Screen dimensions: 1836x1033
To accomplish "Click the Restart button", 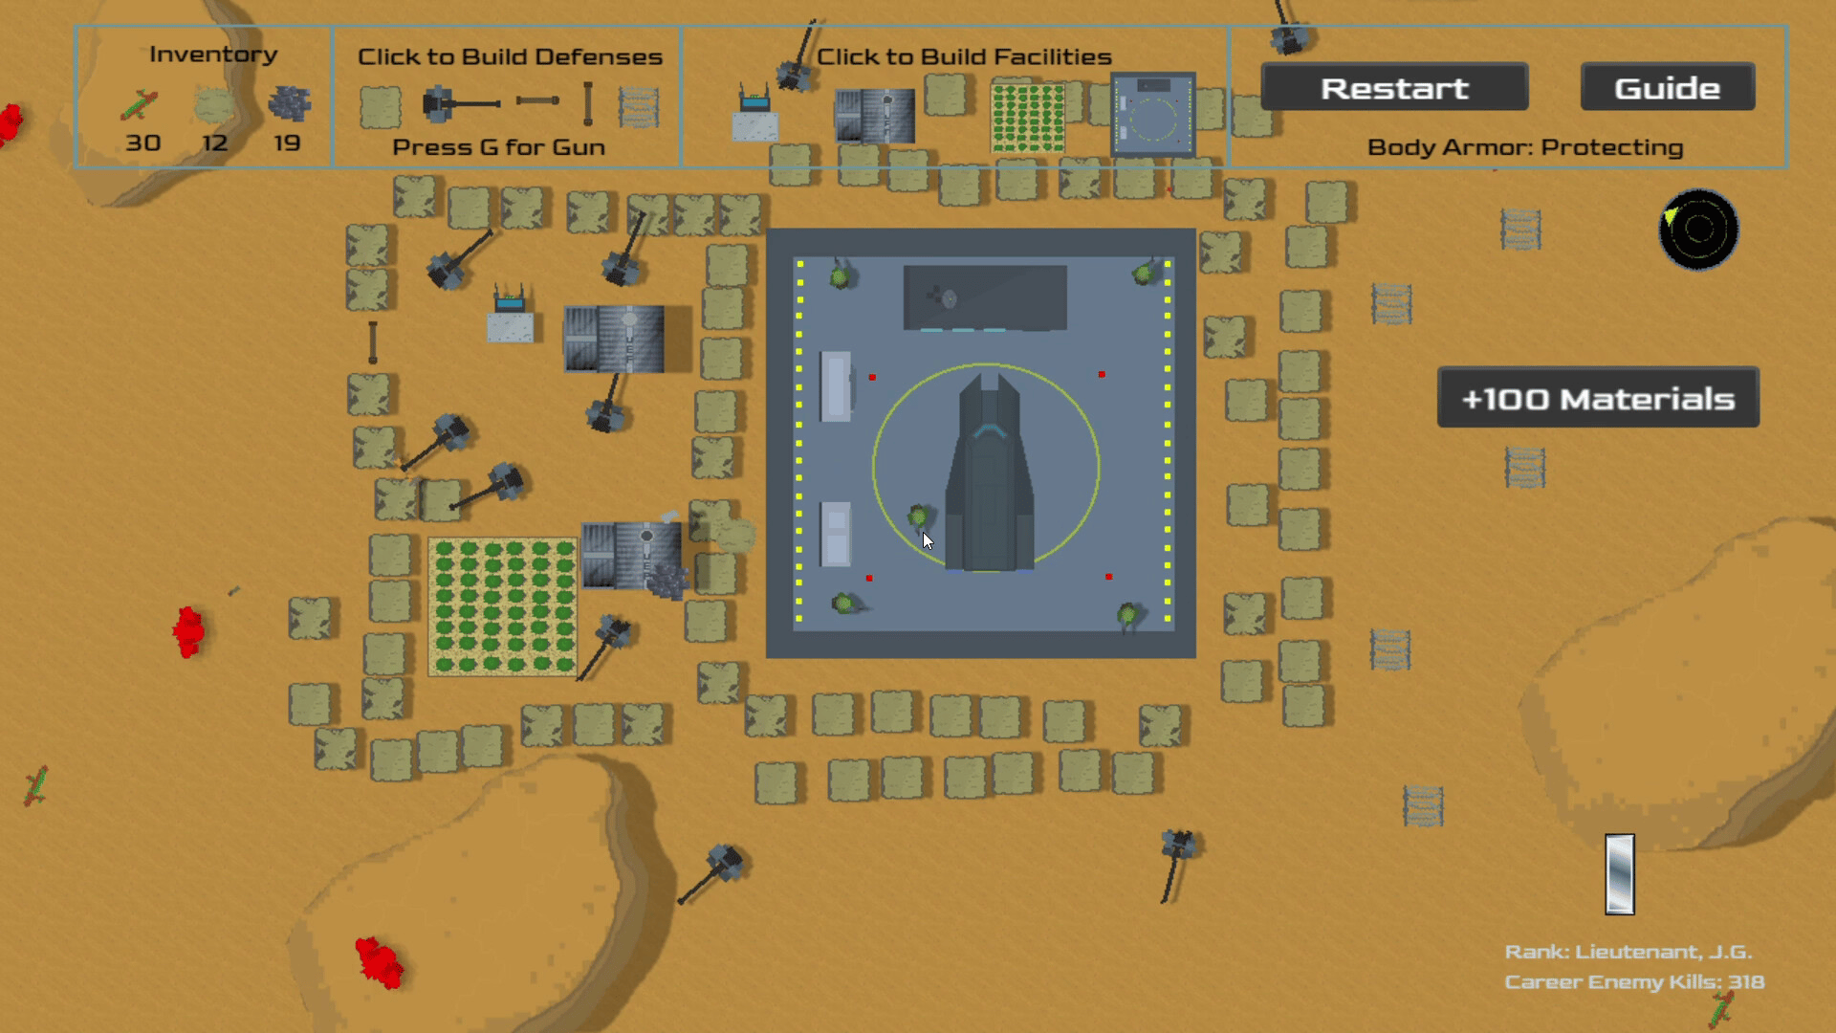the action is click(1394, 87).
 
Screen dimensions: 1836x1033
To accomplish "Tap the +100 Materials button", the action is click(1598, 397).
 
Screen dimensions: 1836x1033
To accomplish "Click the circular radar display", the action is click(1698, 230).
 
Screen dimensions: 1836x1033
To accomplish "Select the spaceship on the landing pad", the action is click(989, 473).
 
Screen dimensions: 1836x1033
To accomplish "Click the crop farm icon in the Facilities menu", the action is click(1027, 118).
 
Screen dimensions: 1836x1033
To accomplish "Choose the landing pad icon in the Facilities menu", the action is click(1152, 114).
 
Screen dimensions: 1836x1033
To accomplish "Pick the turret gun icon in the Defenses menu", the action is click(460, 103).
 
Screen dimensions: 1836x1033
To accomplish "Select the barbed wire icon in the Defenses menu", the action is click(639, 107).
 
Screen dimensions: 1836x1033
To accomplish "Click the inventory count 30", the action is click(142, 143).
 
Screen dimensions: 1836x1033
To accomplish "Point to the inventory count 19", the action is click(287, 143).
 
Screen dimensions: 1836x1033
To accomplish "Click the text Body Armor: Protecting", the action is click(1525, 147).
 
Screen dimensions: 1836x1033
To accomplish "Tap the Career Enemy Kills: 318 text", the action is click(1634, 982).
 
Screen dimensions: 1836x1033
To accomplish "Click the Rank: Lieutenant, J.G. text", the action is click(1628, 952).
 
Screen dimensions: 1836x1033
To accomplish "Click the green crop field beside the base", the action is click(503, 606).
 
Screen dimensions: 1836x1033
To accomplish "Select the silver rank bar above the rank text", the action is click(1620, 874).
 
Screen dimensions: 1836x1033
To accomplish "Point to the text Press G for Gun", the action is click(498, 147).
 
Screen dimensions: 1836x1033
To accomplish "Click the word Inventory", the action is click(213, 55).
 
